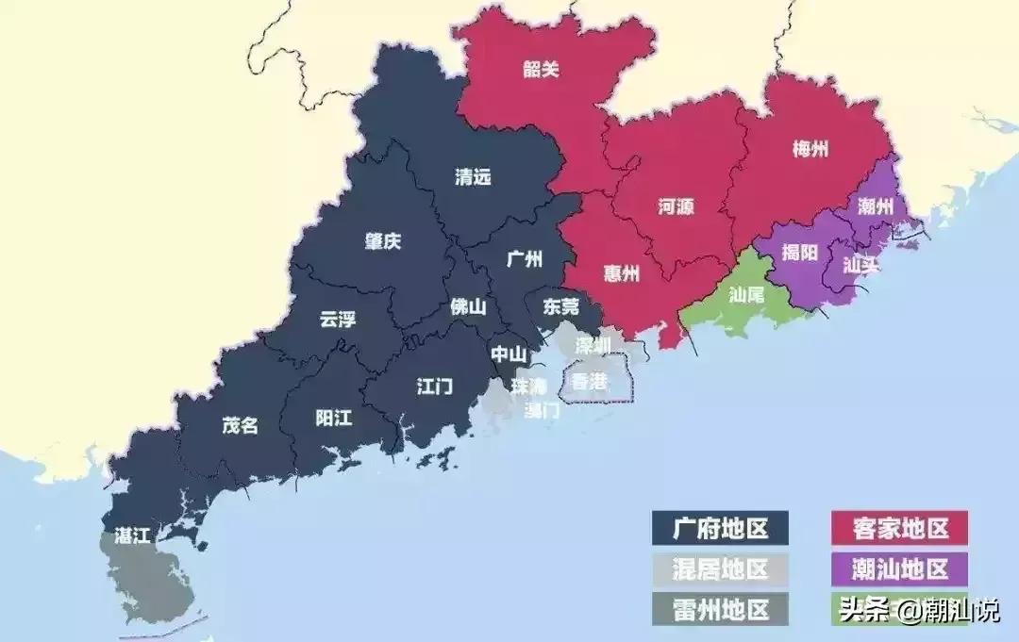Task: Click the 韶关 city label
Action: (541, 69)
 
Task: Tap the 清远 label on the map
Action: (473, 176)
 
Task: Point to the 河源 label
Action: (676, 207)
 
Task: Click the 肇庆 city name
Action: (383, 241)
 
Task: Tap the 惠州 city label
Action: (622, 273)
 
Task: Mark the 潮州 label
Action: (877, 206)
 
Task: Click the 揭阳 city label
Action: (800, 253)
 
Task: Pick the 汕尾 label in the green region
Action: (745, 293)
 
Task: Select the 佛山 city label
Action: (468, 305)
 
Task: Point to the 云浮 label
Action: (339, 319)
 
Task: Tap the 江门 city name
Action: (435, 386)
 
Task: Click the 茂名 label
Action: (240, 425)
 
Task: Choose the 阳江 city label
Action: (333, 418)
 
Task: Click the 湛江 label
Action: (131, 535)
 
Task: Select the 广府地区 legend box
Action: (721, 529)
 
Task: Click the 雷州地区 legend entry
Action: (721, 608)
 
